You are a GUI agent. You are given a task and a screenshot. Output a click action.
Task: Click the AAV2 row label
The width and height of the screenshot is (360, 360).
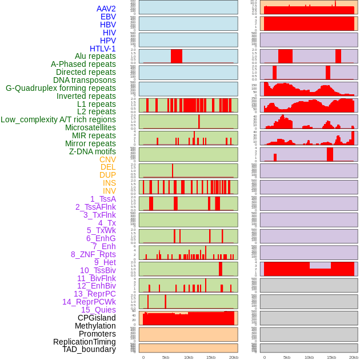click(106, 9)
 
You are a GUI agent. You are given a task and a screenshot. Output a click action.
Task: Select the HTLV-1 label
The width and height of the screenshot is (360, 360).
click(102, 49)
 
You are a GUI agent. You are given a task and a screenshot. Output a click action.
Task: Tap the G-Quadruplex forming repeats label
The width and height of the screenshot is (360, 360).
click(61, 88)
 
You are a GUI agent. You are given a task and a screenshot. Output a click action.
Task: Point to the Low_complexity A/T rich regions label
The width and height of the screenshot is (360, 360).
click(58, 119)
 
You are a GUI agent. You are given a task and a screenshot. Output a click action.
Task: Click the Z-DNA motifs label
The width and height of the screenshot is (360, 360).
click(93, 151)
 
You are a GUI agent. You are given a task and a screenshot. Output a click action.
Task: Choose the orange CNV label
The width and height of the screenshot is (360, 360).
click(107, 159)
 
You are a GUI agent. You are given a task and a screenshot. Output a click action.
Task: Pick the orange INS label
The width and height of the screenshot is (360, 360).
click(109, 183)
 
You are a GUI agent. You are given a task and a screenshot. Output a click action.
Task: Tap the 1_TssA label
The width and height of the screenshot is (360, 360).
click(103, 199)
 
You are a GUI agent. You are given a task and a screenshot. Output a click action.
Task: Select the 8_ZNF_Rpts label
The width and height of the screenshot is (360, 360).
click(93, 254)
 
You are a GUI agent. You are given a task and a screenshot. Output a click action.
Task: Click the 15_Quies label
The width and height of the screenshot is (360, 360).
click(98, 310)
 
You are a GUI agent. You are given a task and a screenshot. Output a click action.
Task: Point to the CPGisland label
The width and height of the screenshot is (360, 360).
click(97, 318)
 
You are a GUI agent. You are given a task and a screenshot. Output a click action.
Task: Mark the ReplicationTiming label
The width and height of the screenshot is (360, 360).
click(85, 342)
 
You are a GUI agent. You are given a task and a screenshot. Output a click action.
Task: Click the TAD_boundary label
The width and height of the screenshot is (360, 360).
click(89, 349)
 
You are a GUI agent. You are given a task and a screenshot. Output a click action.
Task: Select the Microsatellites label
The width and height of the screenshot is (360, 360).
click(90, 127)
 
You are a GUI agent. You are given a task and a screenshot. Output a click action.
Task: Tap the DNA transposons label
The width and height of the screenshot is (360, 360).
click(85, 80)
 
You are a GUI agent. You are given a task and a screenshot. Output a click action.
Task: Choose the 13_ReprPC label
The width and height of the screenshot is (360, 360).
click(94, 294)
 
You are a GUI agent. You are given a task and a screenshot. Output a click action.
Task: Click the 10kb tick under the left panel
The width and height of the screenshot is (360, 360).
click(188, 357)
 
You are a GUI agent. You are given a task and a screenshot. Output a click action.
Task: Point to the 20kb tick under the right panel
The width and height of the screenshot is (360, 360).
click(354, 357)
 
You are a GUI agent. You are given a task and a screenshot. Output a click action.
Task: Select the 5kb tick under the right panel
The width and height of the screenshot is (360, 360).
click(287, 357)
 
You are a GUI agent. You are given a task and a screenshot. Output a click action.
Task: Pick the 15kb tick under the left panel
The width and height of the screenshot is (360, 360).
click(210, 357)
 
